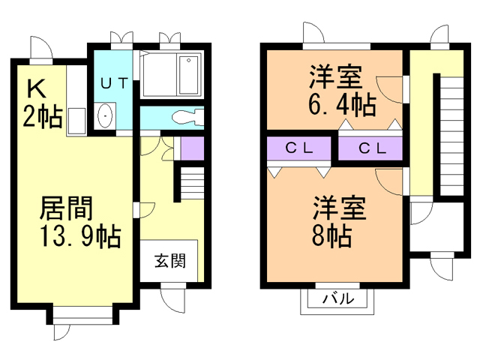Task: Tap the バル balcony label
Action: (338, 299)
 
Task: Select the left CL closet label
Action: (298, 148)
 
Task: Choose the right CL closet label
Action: (371, 148)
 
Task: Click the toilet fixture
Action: (184, 117)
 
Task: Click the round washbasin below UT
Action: (106, 117)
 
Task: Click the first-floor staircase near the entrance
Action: (190, 183)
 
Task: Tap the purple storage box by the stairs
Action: (192, 148)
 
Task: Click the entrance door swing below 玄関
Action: (172, 298)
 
